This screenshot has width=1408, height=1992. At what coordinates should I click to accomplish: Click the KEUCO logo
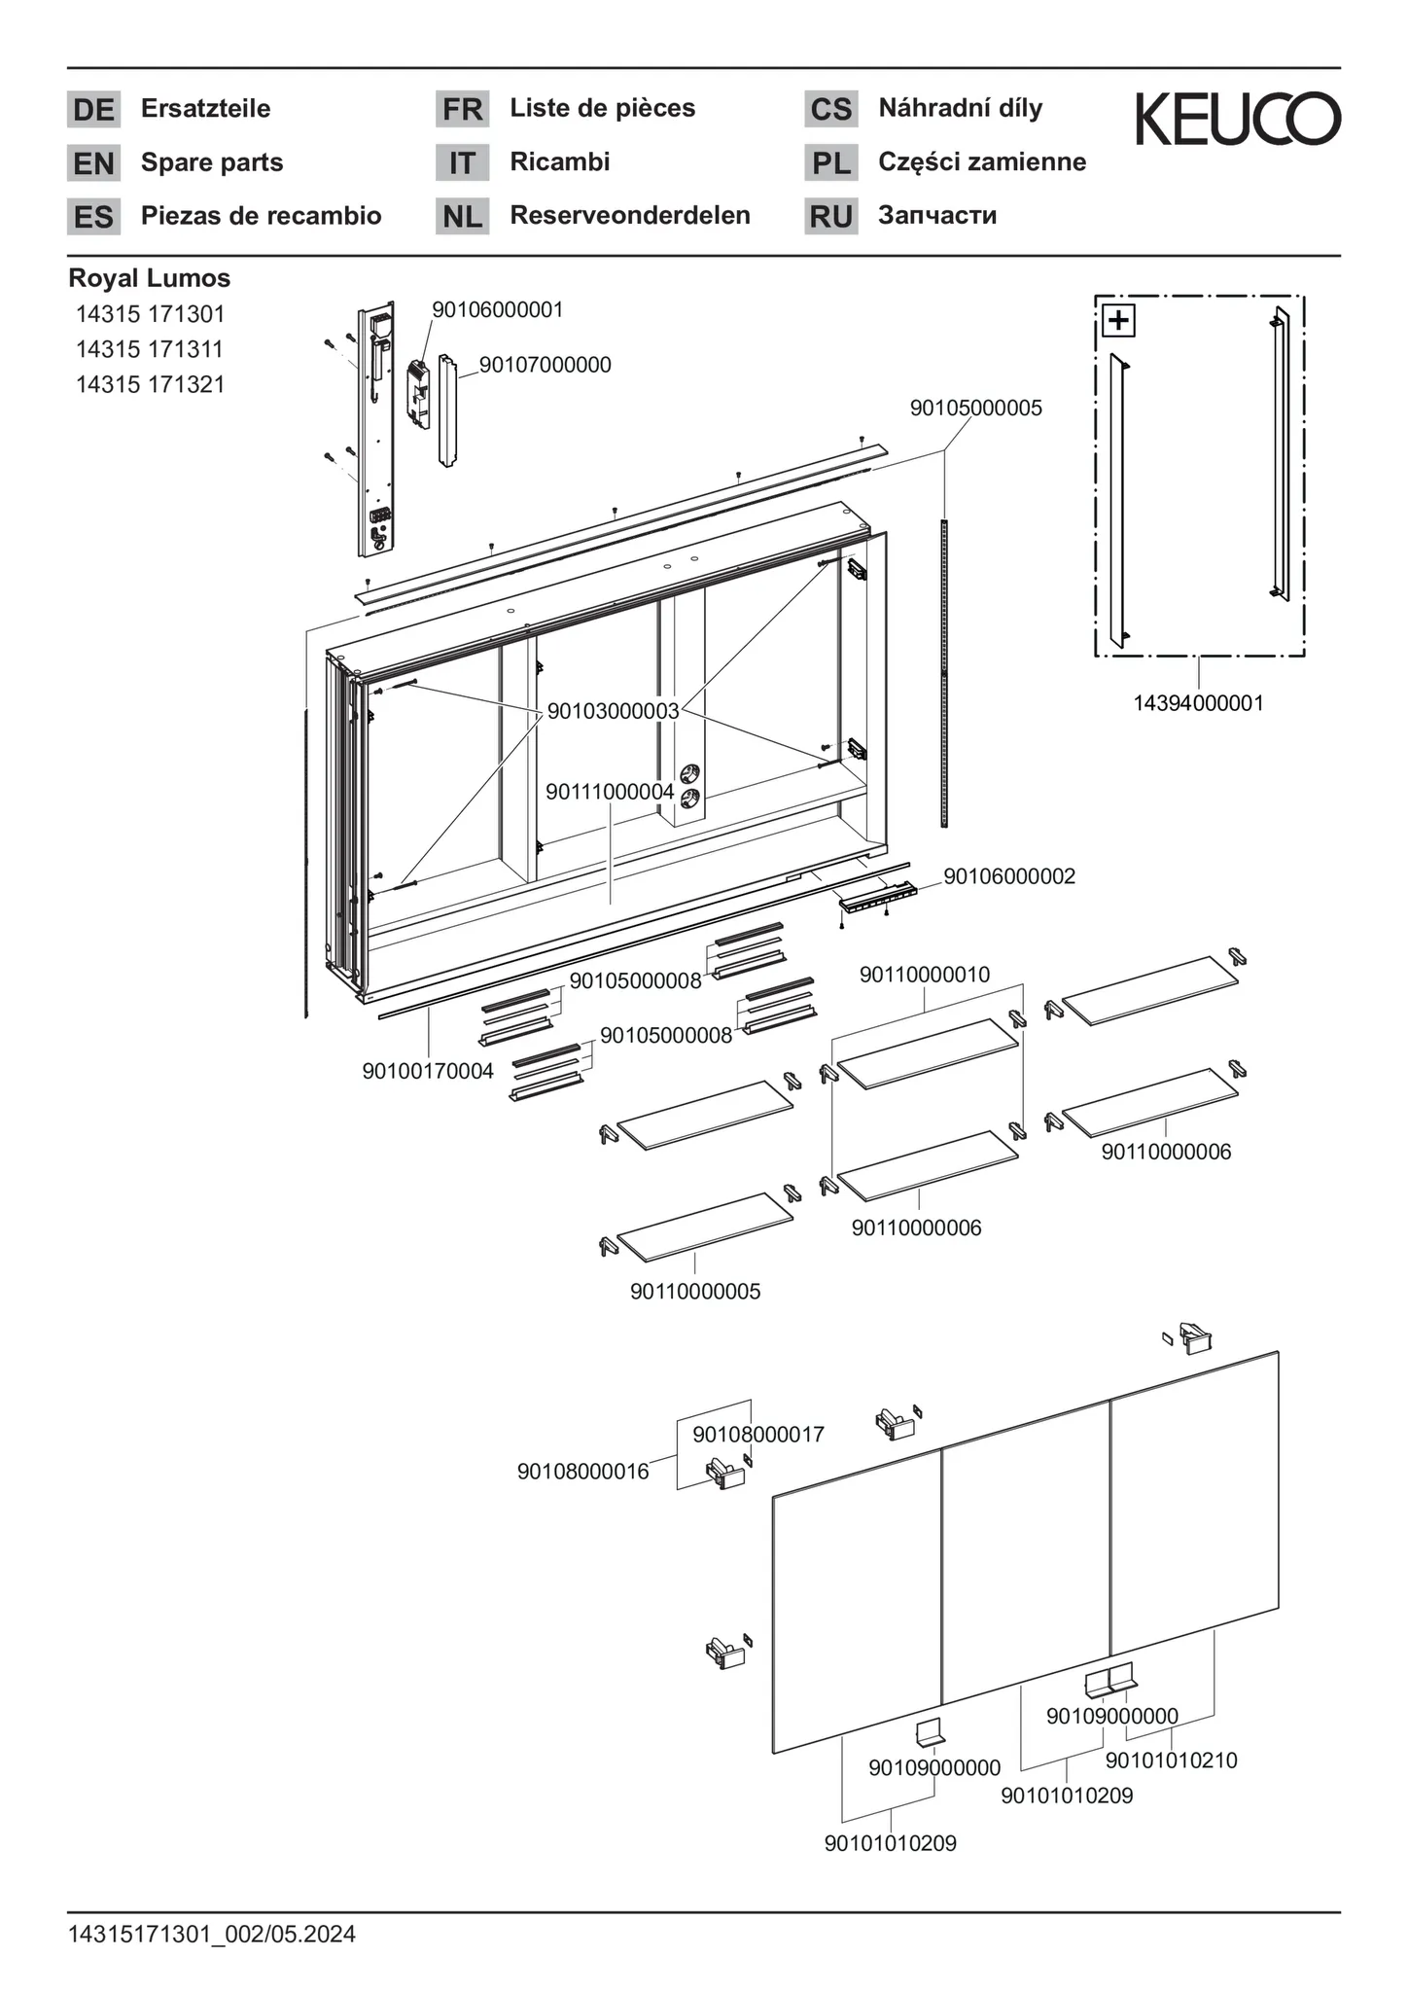[1238, 119]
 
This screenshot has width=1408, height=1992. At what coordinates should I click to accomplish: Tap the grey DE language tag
[93, 110]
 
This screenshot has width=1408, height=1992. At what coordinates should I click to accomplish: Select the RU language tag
[830, 216]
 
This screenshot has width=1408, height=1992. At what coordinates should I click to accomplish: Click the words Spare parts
[212, 162]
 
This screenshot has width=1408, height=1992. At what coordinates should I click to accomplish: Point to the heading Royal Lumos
[149, 278]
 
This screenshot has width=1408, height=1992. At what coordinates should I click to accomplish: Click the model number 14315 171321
[151, 384]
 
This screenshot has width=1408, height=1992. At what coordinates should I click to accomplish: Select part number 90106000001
[497, 309]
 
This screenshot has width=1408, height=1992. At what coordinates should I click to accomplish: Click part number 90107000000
[545, 365]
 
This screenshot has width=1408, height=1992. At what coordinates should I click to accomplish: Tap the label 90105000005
[975, 409]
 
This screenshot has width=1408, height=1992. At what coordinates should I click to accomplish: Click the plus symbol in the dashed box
[1119, 320]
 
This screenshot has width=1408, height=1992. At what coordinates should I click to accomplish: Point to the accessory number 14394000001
[1198, 703]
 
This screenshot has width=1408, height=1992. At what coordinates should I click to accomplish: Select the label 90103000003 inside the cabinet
[613, 711]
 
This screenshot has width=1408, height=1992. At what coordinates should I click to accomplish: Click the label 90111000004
[610, 792]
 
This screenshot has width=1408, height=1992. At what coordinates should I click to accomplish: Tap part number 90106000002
[1009, 876]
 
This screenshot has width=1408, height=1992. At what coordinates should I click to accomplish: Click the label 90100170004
[428, 1071]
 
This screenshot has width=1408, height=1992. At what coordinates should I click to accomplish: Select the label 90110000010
[924, 975]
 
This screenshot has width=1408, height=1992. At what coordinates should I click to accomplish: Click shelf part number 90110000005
[695, 1292]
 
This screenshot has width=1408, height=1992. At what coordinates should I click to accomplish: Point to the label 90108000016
[582, 1472]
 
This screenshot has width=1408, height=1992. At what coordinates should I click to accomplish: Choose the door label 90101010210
[1171, 1761]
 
